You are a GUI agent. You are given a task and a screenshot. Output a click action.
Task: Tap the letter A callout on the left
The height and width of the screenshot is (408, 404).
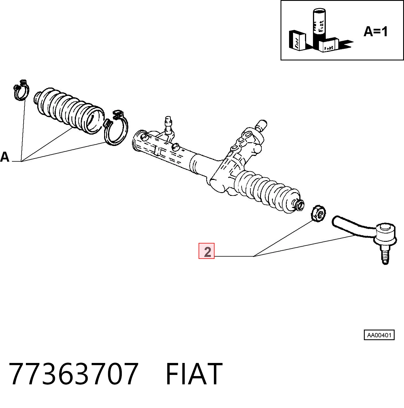5,157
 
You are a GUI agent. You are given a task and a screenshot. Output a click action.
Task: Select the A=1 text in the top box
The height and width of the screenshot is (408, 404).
376,32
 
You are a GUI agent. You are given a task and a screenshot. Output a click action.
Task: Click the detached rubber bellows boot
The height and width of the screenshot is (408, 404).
69,110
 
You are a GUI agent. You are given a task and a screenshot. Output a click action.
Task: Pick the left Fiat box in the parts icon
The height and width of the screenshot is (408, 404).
297,40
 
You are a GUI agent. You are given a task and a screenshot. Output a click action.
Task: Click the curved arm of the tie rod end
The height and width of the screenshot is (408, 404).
354,227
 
